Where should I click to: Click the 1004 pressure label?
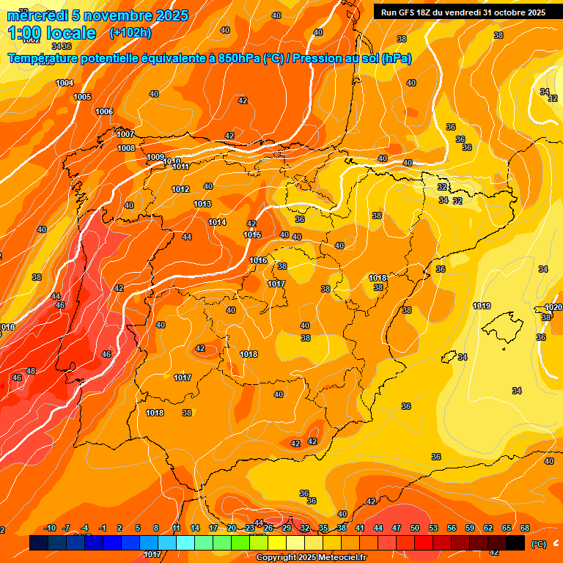click(x=65, y=83)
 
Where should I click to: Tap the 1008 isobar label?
click(x=126, y=148)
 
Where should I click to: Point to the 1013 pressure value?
click(x=202, y=204)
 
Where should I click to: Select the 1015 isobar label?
click(x=252, y=235)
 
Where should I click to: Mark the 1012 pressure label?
click(x=180, y=189)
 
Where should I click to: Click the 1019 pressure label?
click(x=482, y=306)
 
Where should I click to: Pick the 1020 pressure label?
click(x=553, y=307)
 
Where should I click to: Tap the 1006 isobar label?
click(x=104, y=111)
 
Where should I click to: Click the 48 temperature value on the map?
click(x=31, y=372)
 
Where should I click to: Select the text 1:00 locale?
click(x=51, y=33)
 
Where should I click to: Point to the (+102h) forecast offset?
click(x=130, y=33)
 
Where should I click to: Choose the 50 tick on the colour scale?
click(x=415, y=528)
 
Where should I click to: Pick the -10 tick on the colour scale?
click(x=50, y=528)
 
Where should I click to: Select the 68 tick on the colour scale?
click(x=525, y=528)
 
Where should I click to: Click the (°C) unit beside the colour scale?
click(x=538, y=544)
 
